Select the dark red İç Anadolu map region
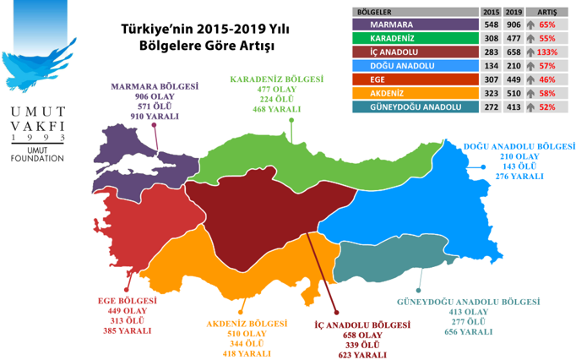(253, 211)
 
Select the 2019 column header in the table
(514, 13)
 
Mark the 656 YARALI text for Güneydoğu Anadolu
(466, 332)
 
